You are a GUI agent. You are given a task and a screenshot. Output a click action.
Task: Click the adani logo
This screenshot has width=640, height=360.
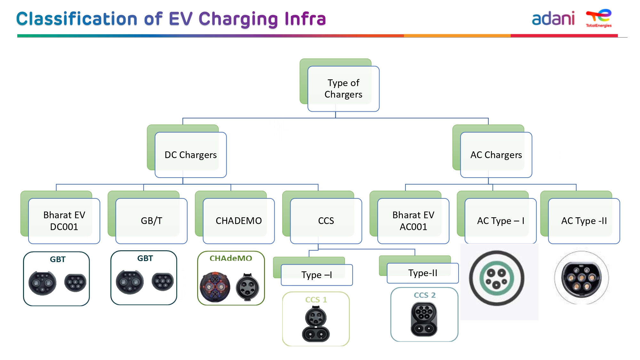click(x=553, y=19)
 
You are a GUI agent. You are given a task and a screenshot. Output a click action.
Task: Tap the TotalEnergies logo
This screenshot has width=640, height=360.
click(x=599, y=18)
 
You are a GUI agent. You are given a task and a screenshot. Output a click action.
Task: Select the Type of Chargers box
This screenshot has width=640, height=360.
click(x=343, y=89)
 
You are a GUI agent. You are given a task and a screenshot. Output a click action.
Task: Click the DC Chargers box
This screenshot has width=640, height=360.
click(x=191, y=155)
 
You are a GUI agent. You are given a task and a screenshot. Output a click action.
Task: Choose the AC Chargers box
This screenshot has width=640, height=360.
click(x=496, y=155)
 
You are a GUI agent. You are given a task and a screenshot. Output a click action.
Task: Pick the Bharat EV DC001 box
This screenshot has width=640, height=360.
click(x=64, y=221)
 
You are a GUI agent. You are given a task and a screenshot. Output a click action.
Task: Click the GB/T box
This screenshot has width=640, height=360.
click(x=151, y=221)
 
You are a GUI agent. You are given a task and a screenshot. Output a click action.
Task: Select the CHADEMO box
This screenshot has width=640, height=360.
click(x=239, y=221)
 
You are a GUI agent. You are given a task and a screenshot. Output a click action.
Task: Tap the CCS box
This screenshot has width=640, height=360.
click(x=326, y=221)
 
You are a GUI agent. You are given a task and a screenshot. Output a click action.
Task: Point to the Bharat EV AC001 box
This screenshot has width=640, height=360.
click(x=413, y=221)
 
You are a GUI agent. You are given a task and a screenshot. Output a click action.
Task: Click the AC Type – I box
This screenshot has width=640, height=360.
click(x=500, y=221)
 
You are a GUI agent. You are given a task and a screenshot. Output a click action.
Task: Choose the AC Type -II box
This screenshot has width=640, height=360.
click(x=584, y=221)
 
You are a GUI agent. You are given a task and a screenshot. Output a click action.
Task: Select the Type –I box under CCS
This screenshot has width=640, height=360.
click(x=317, y=275)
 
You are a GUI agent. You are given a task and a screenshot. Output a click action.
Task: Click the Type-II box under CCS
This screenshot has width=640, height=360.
click(x=423, y=273)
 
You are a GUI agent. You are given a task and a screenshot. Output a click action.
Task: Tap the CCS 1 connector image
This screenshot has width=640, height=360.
click(x=316, y=324)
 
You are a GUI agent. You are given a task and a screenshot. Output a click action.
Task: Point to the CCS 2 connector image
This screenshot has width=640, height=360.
click(x=424, y=319)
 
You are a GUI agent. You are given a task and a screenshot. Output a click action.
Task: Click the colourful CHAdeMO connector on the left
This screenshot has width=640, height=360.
click(x=215, y=287)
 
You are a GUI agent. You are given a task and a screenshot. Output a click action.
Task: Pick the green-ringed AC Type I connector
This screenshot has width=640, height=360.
click(x=497, y=278)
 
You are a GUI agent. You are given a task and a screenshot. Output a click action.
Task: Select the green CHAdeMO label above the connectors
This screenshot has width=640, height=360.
click(x=231, y=258)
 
